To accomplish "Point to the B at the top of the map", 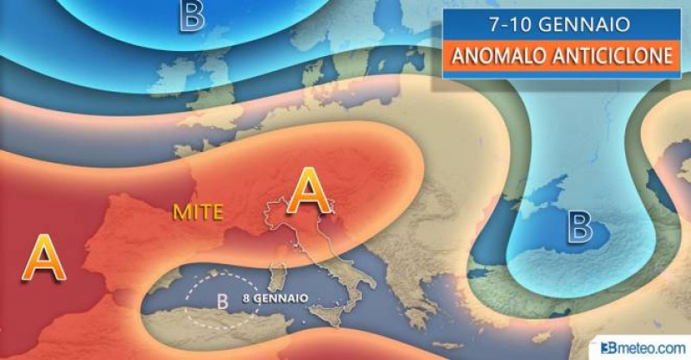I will pyautogui.click(x=192, y=15).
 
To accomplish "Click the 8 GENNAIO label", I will pyautogui.click(x=276, y=298).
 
